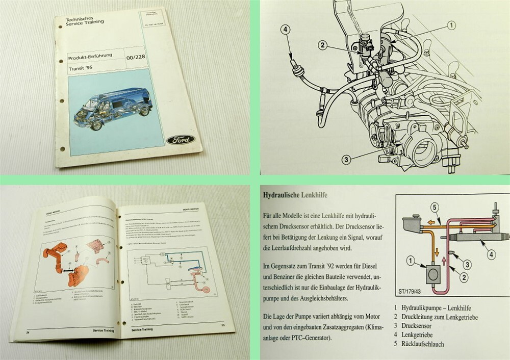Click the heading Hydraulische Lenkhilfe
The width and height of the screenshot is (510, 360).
point(295,195)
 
